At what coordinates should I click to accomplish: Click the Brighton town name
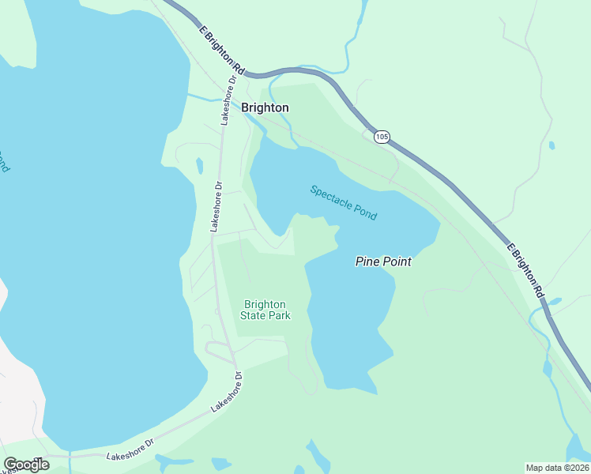pos(265,107)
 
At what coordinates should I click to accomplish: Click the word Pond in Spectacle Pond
pos(365,212)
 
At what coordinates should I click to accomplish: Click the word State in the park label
pos(254,316)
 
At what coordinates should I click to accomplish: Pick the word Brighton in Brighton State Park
pos(265,304)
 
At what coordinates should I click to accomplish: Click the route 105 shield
pos(382,137)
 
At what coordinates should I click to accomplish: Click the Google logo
pos(26,465)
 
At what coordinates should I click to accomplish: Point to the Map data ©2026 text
pos(558,468)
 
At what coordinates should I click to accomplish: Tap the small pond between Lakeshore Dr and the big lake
pos(200,166)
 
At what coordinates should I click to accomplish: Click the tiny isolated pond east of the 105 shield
pos(551,145)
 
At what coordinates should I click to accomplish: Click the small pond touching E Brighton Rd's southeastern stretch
pos(553,303)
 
